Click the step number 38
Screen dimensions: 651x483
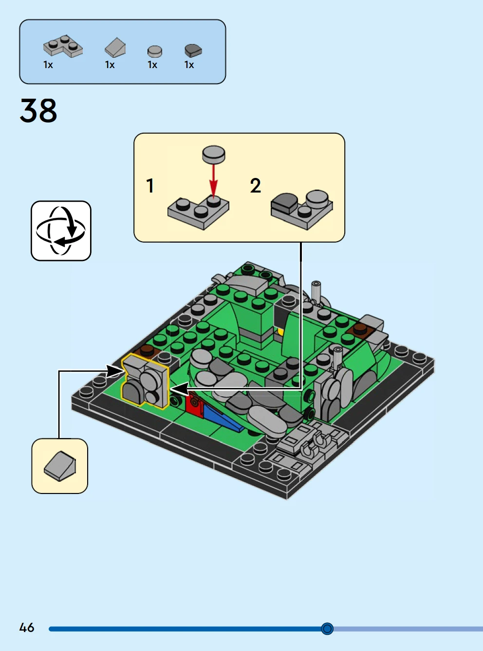pyautogui.click(x=38, y=111)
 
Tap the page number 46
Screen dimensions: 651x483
pyautogui.click(x=27, y=628)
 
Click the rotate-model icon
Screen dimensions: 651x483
pyautogui.click(x=61, y=231)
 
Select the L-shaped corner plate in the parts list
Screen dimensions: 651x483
pyautogui.click(x=63, y=46)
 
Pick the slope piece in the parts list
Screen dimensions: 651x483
pyautogui.click(x=115, y=48)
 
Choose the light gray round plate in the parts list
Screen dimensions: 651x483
pyautogui.click(x=154, y=51)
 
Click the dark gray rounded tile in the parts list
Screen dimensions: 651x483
pyautogui.click(x=193, y=50)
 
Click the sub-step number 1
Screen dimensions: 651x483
pyautogui.click(x=150, y=185)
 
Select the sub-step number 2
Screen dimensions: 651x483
pyautogui.click(x=255, y=186)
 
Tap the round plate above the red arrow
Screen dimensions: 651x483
pyautogui.click(x=213, y=154)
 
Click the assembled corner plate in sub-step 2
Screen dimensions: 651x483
pyautogui.click(x=302, y=209)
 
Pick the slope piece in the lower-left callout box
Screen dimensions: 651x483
pyautogui.click(x=60, y=466)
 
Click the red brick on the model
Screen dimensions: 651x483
pyautogui.click(x=194, y=405)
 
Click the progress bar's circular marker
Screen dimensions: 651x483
pyautogui.click(x=327, y=629)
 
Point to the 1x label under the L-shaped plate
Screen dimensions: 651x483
pyautogui.click(x=48, y=65)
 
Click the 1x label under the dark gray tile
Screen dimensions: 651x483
pyautogui.click(x=189, y=65)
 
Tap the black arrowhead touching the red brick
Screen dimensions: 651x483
pyautogui.click(x=179, y=389)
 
